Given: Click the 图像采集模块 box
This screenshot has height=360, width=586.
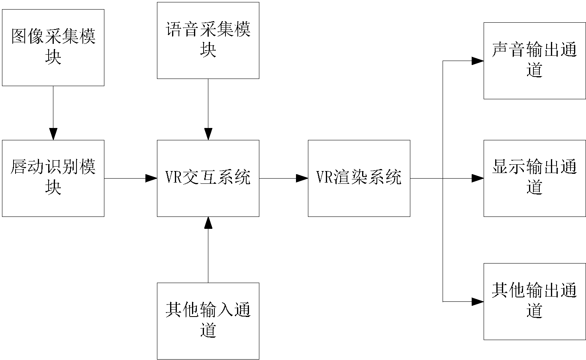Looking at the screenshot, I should [53, 47].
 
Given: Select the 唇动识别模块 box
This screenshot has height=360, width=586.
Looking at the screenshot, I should [53, 178].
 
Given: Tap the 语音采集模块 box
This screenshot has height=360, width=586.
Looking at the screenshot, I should [208, 40].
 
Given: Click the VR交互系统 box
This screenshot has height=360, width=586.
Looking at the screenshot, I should [208, 178].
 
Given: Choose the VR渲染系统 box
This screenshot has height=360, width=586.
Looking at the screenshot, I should [359, 178].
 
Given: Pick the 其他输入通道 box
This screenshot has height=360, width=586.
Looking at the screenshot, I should [208, 321].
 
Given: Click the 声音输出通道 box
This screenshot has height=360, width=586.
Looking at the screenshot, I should [535, 61].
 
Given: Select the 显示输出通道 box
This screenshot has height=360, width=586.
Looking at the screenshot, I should [535, 178].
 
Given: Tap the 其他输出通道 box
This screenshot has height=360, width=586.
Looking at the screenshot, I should [535, 301].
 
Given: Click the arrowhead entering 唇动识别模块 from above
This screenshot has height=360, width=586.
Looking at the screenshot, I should [53, 134].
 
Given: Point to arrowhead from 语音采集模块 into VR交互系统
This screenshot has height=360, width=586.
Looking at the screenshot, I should [208, 134].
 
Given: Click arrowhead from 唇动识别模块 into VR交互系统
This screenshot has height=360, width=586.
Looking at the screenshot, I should [151, 178].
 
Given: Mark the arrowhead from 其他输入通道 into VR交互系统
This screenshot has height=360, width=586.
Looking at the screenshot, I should [208, 222].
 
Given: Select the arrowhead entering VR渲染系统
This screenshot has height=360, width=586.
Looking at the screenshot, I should [302, 178].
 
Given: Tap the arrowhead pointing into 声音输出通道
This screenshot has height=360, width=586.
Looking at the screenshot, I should [478, 61].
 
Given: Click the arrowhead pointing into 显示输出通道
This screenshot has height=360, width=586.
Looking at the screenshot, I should [478, 178].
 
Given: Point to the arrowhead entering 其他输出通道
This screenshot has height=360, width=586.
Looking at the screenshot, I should [478, 301].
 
